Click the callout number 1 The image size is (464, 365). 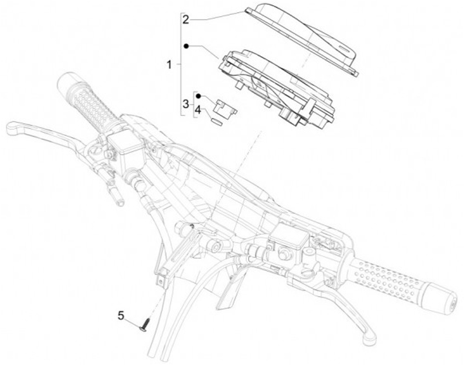coord(169,64)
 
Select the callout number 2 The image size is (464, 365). coord(186,19)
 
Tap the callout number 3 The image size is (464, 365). coord(186,104)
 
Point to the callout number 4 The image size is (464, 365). coord(198,110)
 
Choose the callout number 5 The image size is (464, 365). coord(121,315)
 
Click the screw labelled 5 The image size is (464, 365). coord(144,324)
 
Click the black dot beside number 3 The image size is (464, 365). coord(198,96)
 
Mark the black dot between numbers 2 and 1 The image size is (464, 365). coord(186,46)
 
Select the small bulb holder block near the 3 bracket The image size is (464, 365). coord(226,108)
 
